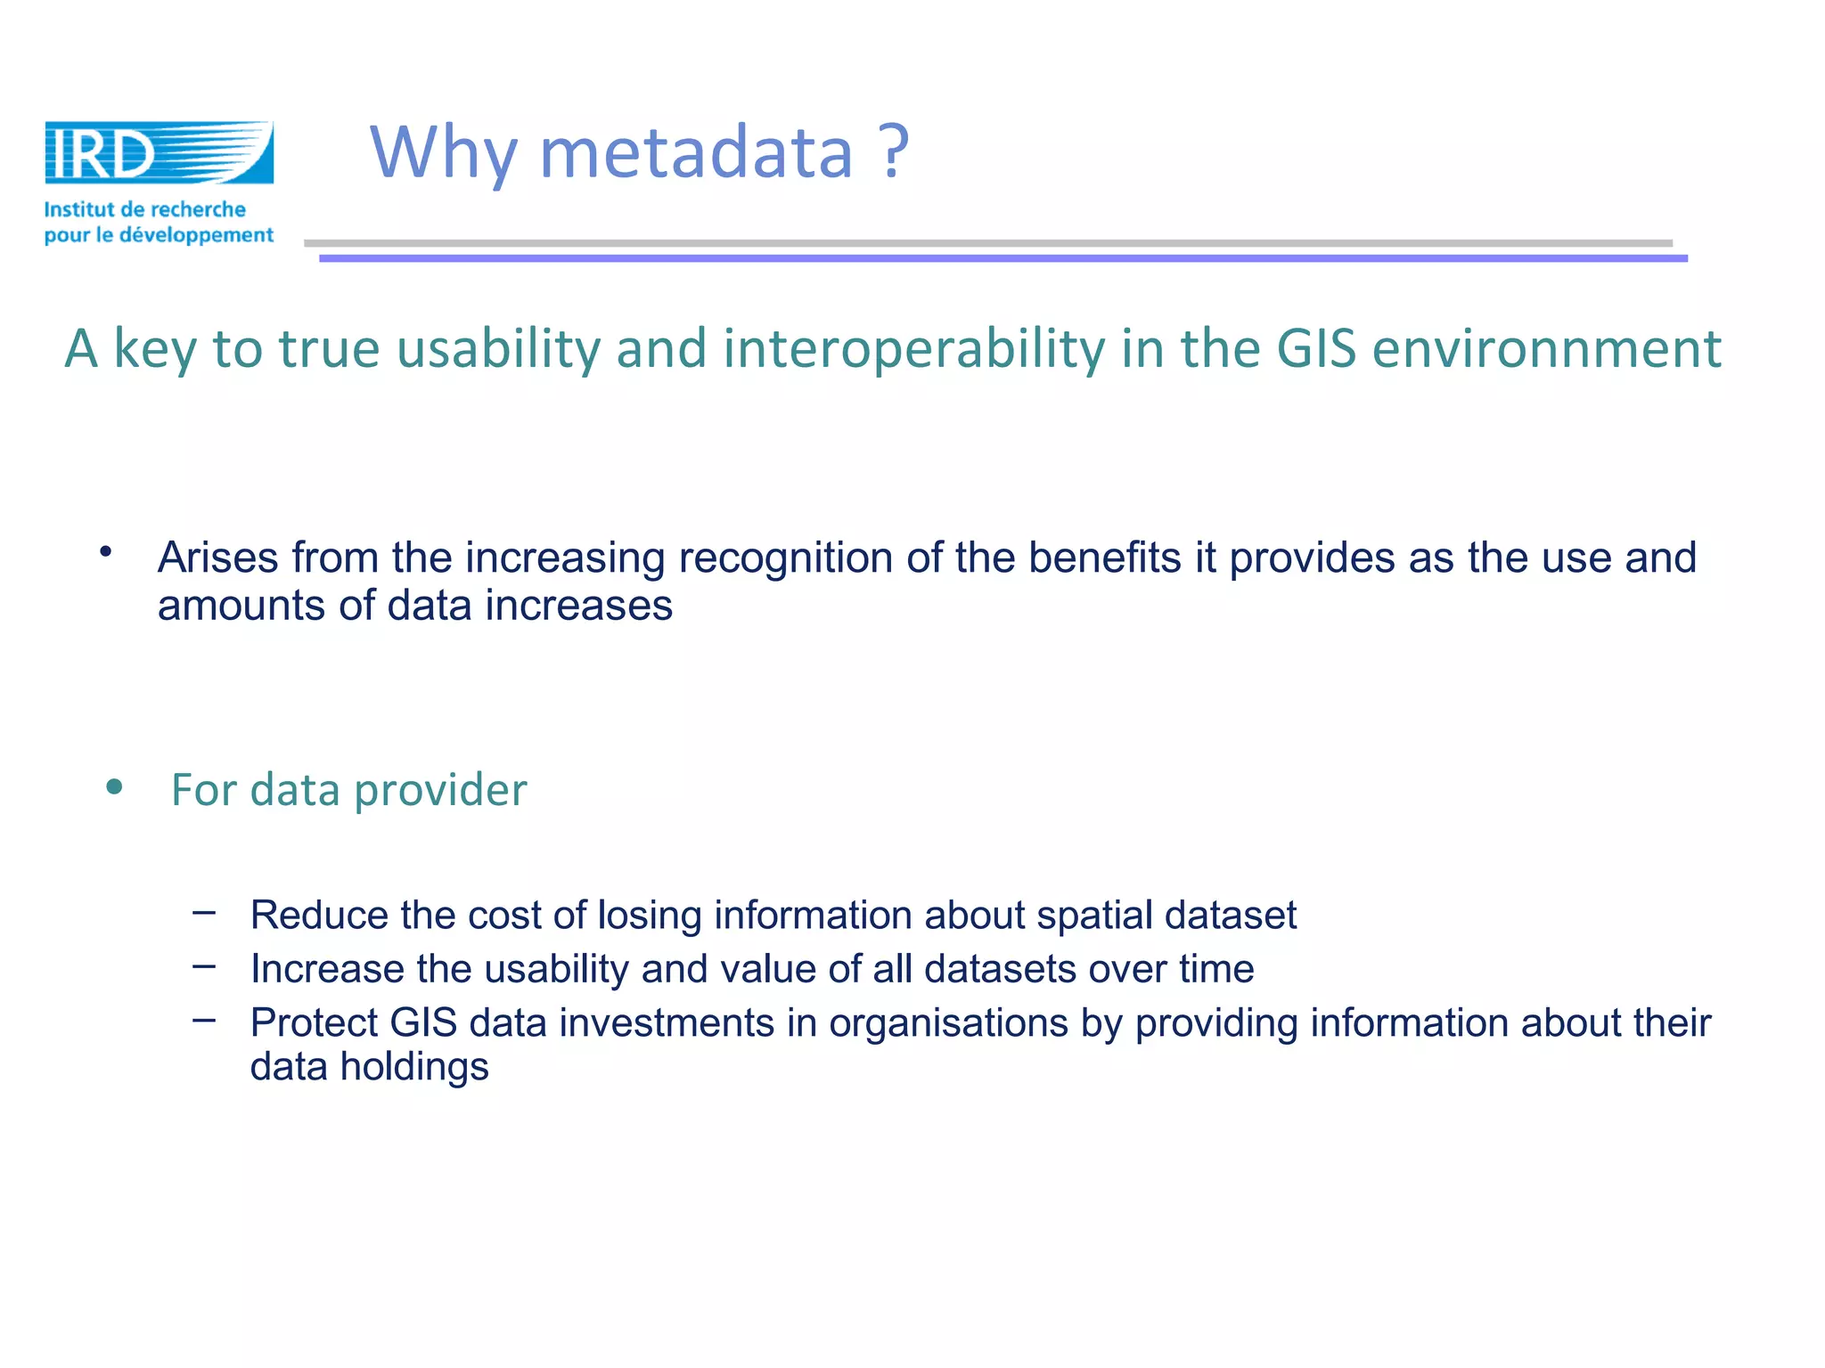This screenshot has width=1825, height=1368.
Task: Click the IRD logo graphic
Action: [159, 153]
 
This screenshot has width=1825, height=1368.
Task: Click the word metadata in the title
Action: [696, 153]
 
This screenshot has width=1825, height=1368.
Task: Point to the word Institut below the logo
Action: [79, 210]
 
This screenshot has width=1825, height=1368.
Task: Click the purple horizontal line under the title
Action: [1003, 258]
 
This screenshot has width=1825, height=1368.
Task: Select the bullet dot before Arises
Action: [106, 551]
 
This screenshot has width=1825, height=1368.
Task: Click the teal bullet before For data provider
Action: [113, 787]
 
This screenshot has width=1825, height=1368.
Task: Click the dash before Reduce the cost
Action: [204, 912]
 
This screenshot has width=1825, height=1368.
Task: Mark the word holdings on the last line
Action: [414, 1067]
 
